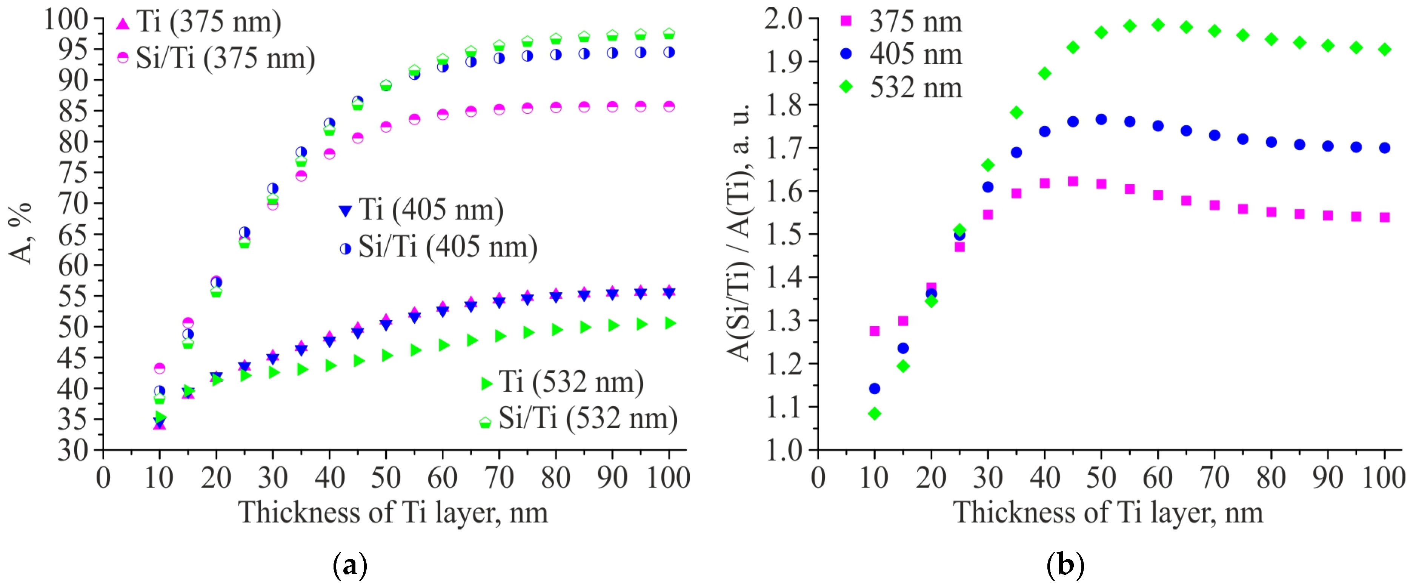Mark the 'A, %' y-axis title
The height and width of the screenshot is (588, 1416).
[21, 234]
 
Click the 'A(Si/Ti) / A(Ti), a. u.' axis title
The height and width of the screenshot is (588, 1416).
[740, 231]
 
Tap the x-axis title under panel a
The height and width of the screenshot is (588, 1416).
[393, 512]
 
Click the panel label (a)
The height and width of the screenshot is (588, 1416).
[350, 565]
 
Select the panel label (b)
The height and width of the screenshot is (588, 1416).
[1065, 565]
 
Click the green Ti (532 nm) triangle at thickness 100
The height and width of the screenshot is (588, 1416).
[670, 323]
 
